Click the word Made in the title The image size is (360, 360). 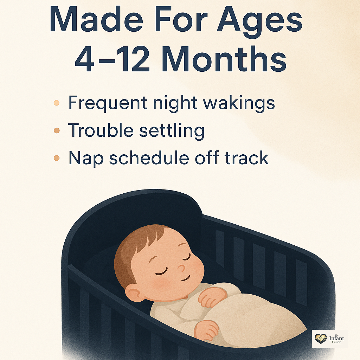[x=96, y=20]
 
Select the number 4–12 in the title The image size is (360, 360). [x=112, y=59]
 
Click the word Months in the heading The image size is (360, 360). [x=224, y=59]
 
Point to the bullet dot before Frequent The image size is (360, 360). [x=57, y=103]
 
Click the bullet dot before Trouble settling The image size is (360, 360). [x=57, y=130]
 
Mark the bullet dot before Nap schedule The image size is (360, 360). [x=57, y=158]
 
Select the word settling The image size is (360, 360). [x=172, y=131]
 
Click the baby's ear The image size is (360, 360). [x=134, y=293]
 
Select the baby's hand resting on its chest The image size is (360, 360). [x=211, y=297]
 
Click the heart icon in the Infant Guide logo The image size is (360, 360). [x=321, y=339]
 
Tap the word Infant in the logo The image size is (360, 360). [x=336, y=338]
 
